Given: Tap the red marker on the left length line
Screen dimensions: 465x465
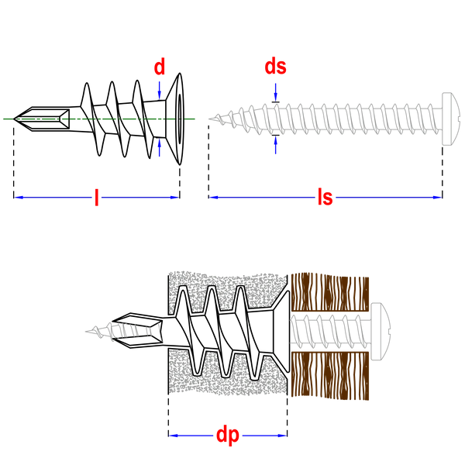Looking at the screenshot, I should pyautogui.click(x=97, y=198).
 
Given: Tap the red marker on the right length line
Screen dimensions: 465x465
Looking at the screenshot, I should pyautogui.click(x=325, y=198).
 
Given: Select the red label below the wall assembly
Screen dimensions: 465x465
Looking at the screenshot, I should pyautogui.click(x=228, y=436).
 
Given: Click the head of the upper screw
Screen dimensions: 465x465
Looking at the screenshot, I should pyautogui.click(x=449, y=118).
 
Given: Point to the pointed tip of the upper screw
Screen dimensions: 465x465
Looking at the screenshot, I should pyautogui.click(x=209, y=118).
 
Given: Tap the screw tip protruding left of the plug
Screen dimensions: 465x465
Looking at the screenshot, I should pyautogui.click(x=87, y=332).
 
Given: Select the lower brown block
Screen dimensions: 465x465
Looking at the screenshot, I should pyautogui.click(x=329, y=370).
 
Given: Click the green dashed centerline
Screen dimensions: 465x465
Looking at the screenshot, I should pyautogui.click(x=93, y=120).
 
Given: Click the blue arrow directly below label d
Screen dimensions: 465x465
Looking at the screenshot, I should pyautogui.click(x=160, y=89).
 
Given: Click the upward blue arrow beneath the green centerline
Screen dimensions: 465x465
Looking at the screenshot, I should pyautogui.click(x=160, y=148).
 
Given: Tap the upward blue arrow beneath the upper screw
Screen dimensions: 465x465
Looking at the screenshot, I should pyautogui.click(x=276, y=145).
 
